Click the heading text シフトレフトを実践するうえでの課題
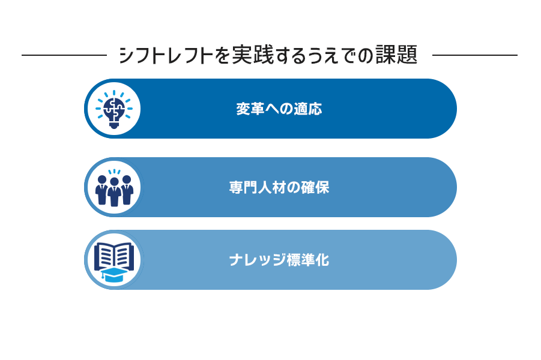tap(268, 55)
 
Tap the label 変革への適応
tap(279, 109)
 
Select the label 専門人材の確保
tap(279, 188)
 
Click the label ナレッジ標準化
tap(279, 260)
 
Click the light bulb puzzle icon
tap(114, 109)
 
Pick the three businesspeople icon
tap(114, 188)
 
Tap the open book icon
tap(114, 256)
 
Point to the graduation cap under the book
tap(114, 274)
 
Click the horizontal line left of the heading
tap(64, 55)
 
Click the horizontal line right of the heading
tap(475, 55)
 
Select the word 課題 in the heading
tap(397, 55)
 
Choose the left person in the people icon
tap(102, 190)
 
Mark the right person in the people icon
tap(127, 190)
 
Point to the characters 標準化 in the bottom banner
tap(308, 260)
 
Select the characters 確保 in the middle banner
tap(315, 188)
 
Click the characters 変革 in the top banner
tap(250, 109)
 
